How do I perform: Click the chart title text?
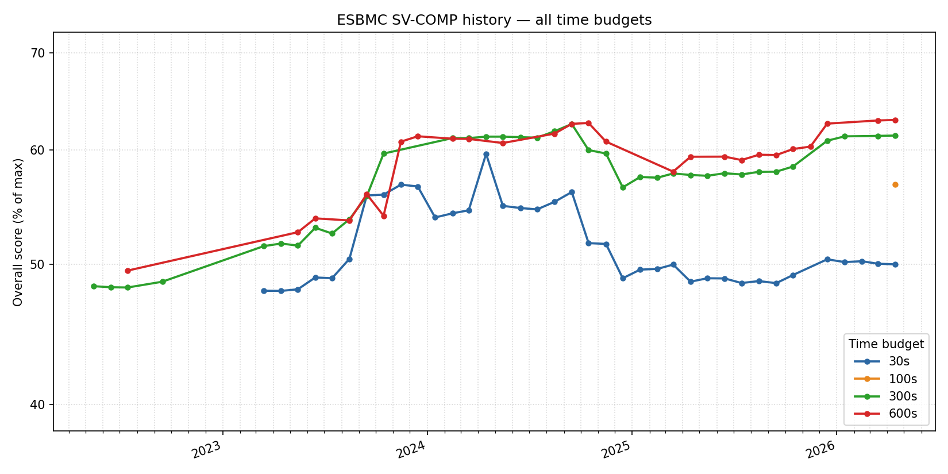[494, 20]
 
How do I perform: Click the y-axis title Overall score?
[18, 232]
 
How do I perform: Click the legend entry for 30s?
[899, 361]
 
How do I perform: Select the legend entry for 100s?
[902, 379]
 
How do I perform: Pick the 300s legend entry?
[902, 396]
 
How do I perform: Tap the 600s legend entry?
[902, 414]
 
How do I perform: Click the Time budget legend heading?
[886, 344]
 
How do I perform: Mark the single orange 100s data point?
[895, 184]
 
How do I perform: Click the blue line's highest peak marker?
[486, 154]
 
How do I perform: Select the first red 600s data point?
[128, 271]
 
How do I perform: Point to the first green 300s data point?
[94, 286]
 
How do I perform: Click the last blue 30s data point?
[895, 264]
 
